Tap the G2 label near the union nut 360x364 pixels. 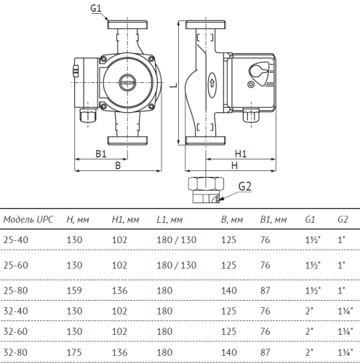245,186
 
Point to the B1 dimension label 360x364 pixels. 100,154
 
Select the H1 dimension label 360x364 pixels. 241,154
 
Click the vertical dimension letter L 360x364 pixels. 169,85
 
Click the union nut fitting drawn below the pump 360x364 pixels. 204,191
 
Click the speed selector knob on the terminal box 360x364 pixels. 260,72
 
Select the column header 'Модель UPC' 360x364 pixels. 28,218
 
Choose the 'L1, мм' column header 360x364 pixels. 169,218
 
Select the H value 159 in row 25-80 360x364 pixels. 76,290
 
